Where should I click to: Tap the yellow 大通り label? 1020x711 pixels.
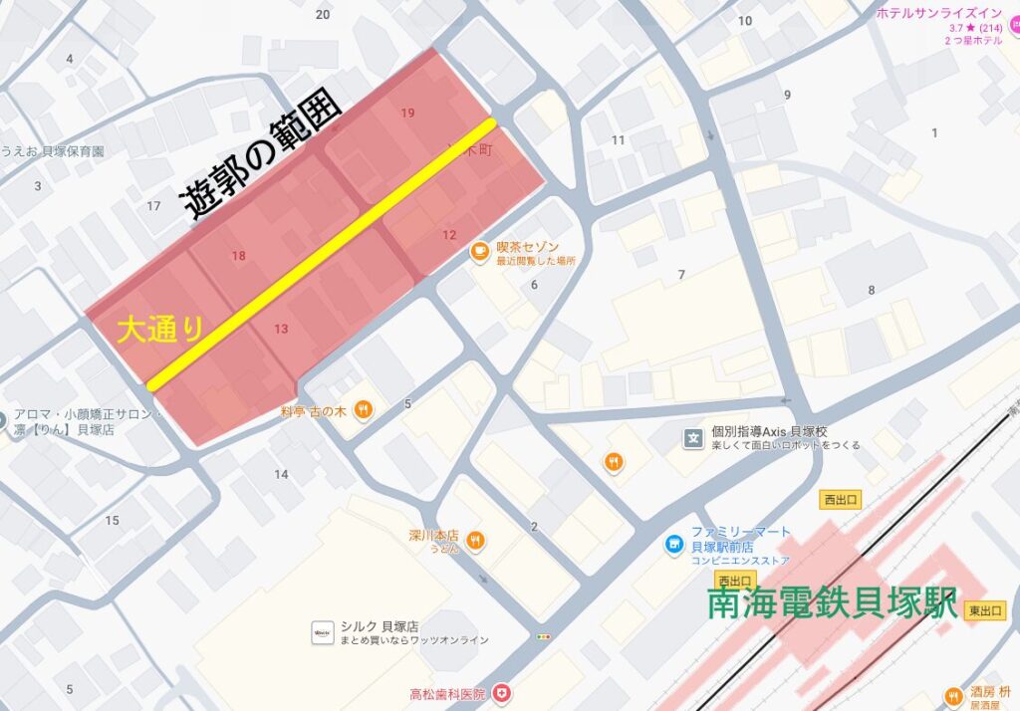click(x=160, y=330)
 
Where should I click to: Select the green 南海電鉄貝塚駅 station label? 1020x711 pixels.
click(x=833, y=603)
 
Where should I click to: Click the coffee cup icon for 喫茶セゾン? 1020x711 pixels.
click(x=479, y=251)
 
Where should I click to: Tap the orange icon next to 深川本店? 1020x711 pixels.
click(x=476, y=541)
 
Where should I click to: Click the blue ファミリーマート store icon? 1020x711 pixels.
click(x=674, y=545)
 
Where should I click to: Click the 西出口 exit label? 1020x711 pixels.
click(x=841, y=500)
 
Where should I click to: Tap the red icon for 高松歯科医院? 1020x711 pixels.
click(x=504, y=693)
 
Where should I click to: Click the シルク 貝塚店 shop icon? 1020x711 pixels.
click(x=322, y=632)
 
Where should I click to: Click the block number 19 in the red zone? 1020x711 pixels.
click(x=407, y=113)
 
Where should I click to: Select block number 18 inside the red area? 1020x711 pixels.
click(x=238, y=256)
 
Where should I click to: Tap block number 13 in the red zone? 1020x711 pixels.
click(x=281, y=329)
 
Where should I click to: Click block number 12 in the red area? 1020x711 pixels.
click(x=449, y=235)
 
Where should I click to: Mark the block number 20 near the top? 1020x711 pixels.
click(x=322, y=14)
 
